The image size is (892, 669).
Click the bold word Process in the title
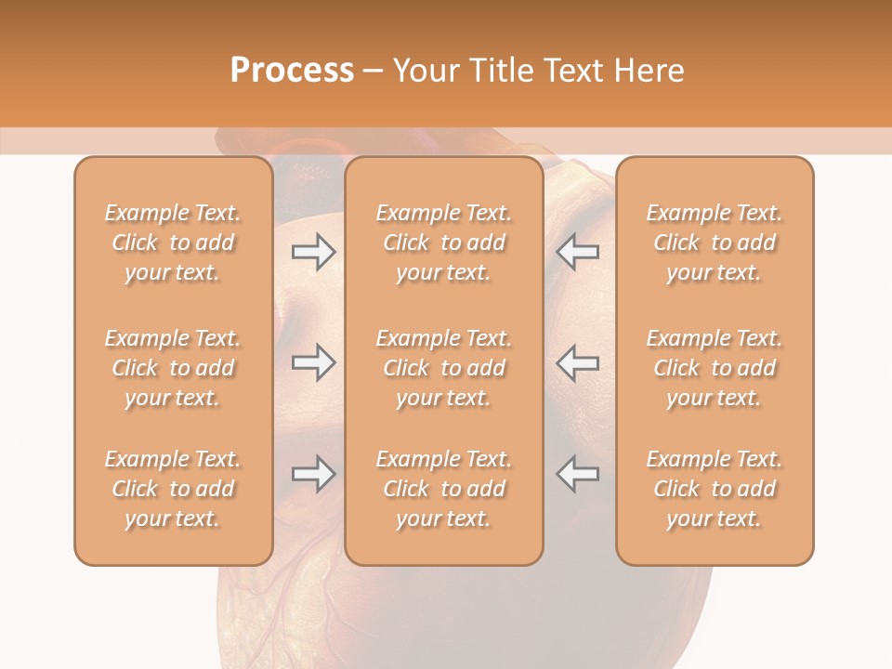[x=292, y=71]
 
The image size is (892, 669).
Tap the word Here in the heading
[x=649, y=71]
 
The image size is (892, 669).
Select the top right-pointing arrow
[x=313, y=252]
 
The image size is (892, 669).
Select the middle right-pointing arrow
[x=313, y=362]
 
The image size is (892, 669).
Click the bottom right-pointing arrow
[x=313, y=474]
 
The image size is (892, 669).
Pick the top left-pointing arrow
[x=577, y=252]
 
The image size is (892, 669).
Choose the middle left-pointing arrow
[x=577, y=362]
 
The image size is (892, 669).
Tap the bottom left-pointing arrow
[x=577, y=474]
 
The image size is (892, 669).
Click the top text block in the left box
[x=173, y=243]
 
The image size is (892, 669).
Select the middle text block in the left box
[x=173, y=368]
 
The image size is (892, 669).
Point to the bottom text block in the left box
[x=173, y=489]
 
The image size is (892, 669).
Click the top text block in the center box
[x=444, y=243]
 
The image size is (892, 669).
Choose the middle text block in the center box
[x=444, y=368]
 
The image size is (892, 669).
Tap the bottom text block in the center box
[x=444, y=489]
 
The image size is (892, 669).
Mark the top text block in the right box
[x=715, y=243]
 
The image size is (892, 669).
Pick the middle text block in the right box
[x=715, y=368]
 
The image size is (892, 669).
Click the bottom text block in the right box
[x=715, y=489]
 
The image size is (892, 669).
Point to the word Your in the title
[x=424, y=71]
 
